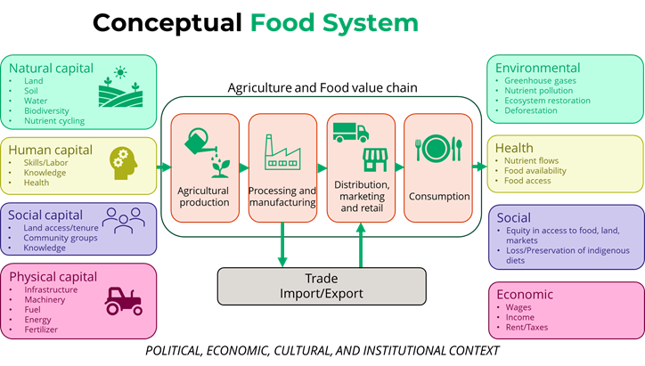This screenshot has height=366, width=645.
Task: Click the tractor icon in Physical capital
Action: point(123,301)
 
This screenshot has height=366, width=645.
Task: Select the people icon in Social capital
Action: point(122,220)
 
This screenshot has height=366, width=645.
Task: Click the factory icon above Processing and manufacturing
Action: point(282,153)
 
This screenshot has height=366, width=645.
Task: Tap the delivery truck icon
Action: point(350,133)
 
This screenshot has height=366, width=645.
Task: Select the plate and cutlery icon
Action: point(438,147)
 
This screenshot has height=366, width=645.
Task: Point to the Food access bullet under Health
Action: point(527,181)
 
